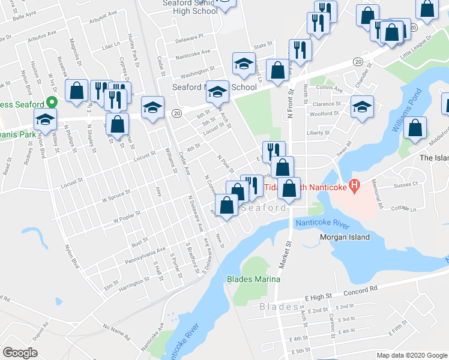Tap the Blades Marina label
[x=253, y=279]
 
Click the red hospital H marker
[x=354, y=187]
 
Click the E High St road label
[x=318, y=296]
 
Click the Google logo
[x=20, y=353]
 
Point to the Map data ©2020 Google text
[x=412, y=355]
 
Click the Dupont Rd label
[x=40, y=331]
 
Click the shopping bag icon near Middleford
[x=415, y=128]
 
